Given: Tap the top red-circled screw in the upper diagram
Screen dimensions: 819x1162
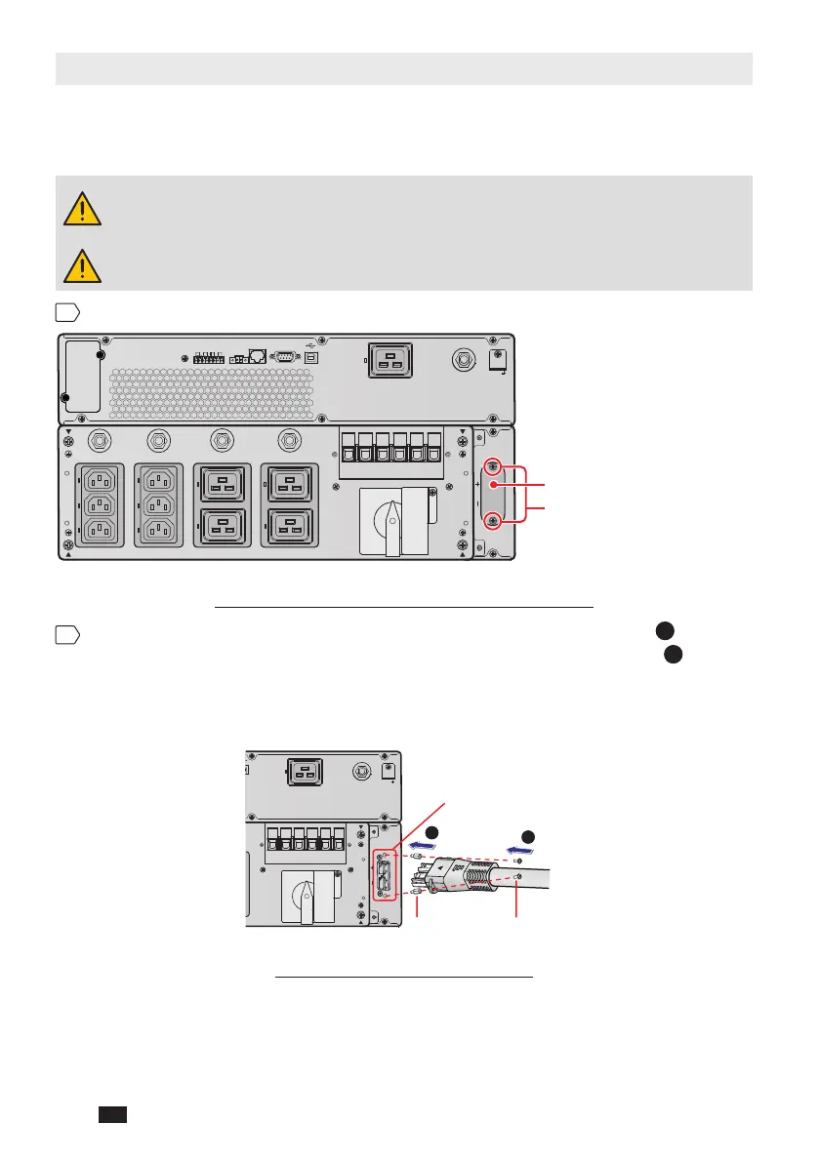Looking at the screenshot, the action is (x=493, y=466).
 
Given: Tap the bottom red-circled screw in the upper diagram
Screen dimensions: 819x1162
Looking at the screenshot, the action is (x=493, y=521).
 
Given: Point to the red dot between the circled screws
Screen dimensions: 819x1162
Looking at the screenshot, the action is (x=495, y=485).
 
